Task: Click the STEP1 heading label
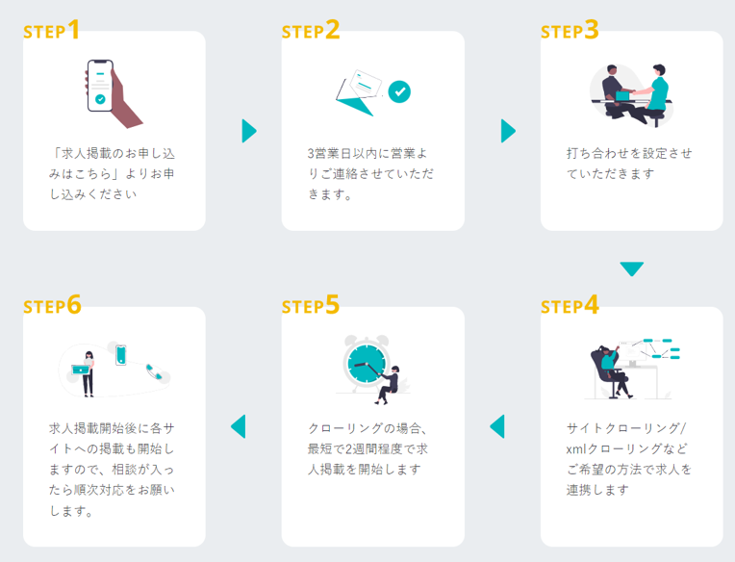coord(51,30)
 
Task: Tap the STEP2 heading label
coord(311,30)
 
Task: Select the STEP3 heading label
coord(570,30)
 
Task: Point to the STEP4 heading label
coord(570,305)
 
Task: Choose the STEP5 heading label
coord(311,305)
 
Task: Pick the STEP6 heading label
coord(52,305)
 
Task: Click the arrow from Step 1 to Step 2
coord(249,131)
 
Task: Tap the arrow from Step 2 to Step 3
coord(508,131)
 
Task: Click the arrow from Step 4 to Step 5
coord(497,425)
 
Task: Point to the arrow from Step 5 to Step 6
coord(239,425)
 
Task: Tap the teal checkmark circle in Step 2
coord(399,91)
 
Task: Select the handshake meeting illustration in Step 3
coord(632,93)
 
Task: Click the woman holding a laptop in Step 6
coord(87,371)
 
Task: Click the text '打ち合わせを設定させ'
coord(629,153)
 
